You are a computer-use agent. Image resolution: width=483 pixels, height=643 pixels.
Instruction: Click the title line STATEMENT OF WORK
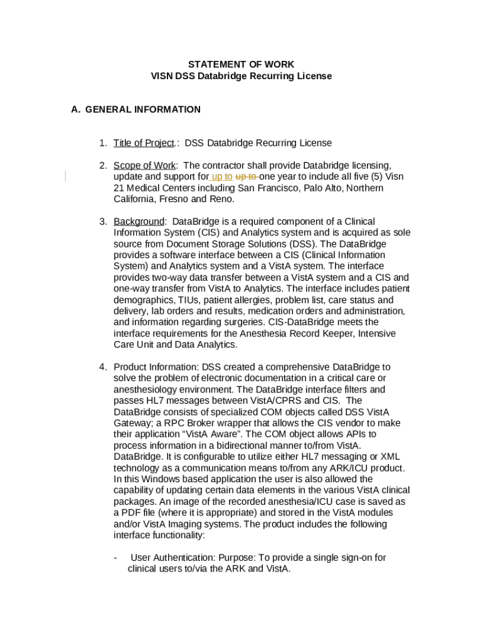242,65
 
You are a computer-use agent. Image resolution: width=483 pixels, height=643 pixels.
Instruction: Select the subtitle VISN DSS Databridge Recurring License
242,76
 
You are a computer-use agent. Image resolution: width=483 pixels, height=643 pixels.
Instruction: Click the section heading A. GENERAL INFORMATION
136,109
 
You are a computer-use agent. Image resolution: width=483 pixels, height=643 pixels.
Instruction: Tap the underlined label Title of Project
143,143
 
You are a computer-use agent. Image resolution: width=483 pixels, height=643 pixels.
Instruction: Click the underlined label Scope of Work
144,166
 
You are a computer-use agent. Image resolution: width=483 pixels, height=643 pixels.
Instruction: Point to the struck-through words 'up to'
246,177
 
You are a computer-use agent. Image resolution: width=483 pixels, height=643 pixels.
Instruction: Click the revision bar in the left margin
66,177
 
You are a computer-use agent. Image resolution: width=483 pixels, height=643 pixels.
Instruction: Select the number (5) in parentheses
374,177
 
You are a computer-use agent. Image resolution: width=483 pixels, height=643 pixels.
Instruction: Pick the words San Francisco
265,188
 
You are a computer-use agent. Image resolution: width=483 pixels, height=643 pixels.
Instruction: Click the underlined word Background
139,222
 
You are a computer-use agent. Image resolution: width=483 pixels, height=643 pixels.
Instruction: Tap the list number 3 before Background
102,222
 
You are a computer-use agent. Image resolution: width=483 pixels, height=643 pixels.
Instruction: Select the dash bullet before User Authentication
115,558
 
